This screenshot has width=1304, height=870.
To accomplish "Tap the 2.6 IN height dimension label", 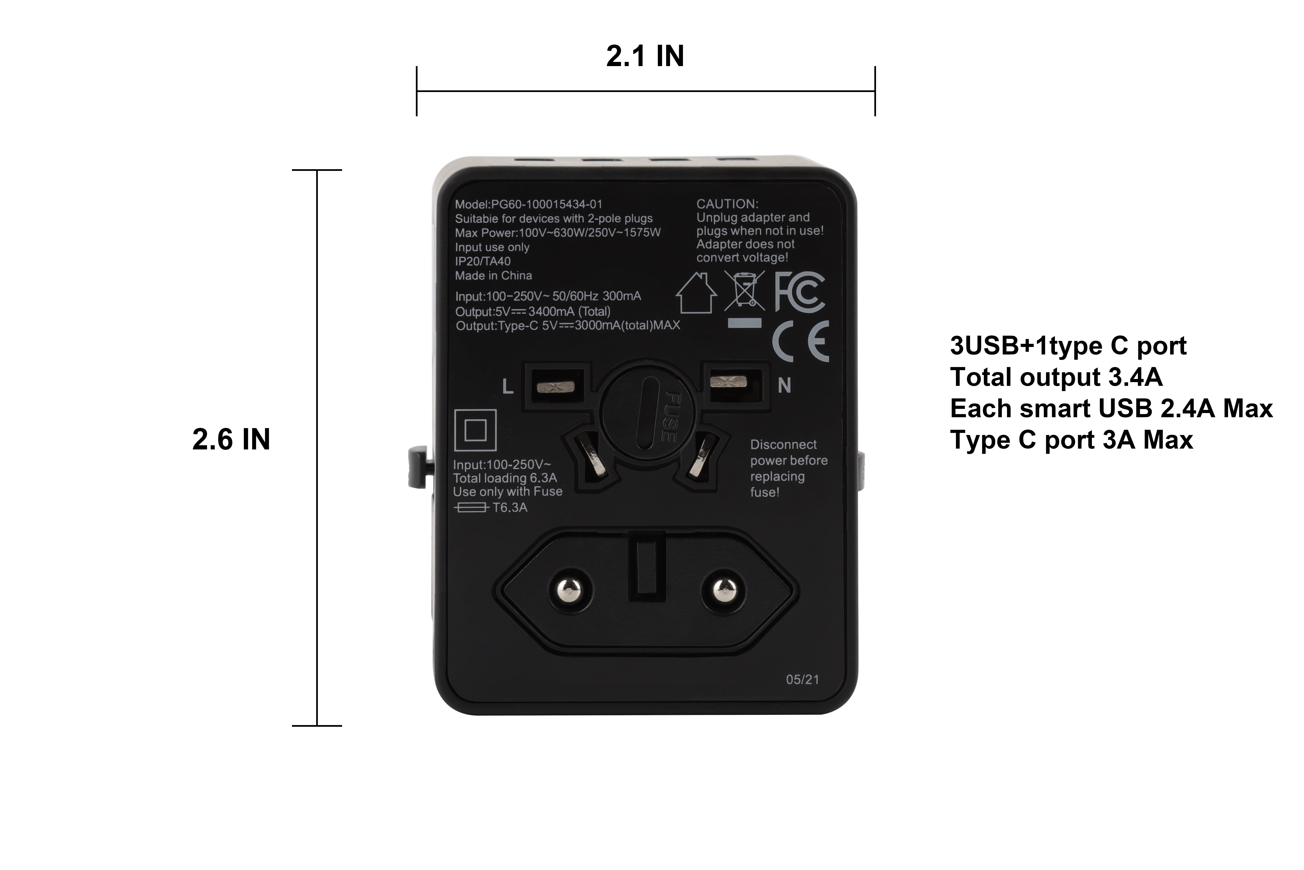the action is tap(231, 439).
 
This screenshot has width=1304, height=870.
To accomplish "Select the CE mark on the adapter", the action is tap(801, 341).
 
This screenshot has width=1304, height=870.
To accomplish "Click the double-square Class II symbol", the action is tap(475, 430).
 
